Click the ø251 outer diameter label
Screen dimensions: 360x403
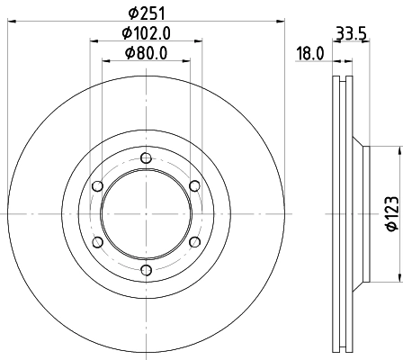(x=146, y=13)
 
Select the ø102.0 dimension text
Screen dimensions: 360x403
(x=146, y=32)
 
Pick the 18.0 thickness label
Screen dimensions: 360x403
(x=309, y=54)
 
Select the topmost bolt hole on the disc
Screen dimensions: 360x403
(x=146, y=159)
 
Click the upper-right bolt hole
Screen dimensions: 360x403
(x=193, y=186)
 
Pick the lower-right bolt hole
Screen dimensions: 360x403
(x=193, y=242)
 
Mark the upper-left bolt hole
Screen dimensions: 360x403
(x=98, y=186)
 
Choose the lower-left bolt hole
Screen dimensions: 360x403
(x=98, y=242)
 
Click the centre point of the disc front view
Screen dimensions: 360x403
(x=146, y=214)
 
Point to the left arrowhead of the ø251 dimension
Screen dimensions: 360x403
(x=11, y=22)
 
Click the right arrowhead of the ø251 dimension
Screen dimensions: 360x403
(x=280, y=22)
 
